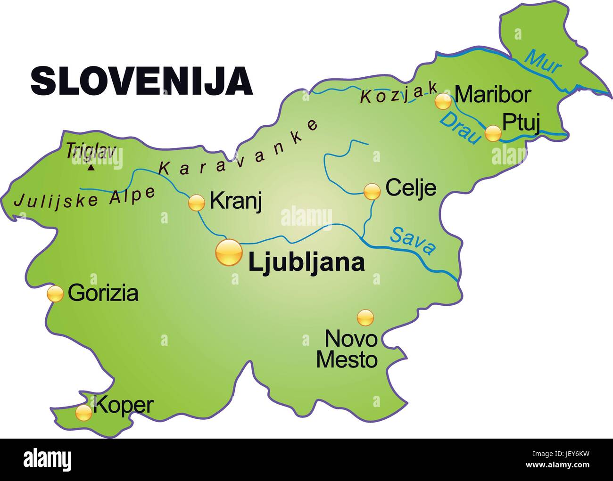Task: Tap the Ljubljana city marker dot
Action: (228, 253)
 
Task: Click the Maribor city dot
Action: (443, 101)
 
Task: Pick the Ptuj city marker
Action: (493, 133)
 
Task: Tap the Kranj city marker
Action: (196, 203)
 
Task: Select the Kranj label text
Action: (235, 201)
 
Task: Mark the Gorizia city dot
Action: (55, 293)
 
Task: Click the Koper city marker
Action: (84, 413)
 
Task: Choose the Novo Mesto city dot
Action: (365, 318)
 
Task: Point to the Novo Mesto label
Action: (347, 349)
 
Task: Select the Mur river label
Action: (543, 61)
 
